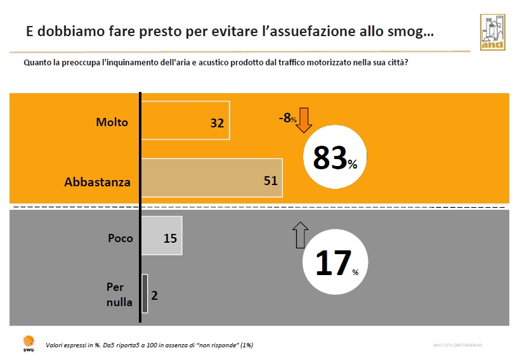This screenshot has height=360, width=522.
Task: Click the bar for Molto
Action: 185,120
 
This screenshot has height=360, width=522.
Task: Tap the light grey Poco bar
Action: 161,236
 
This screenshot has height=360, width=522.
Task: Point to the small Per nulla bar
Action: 145,293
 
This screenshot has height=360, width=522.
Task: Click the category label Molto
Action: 112,122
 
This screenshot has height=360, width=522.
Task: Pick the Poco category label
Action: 121,238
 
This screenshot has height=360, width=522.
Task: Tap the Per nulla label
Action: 119,294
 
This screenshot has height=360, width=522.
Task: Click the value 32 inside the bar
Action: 217,123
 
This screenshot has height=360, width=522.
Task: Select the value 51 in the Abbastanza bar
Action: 271,180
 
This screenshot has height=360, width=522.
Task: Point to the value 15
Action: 170,239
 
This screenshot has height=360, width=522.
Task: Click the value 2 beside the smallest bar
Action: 154,295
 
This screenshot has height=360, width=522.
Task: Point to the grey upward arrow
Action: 301,234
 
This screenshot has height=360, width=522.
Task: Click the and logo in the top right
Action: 492,31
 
